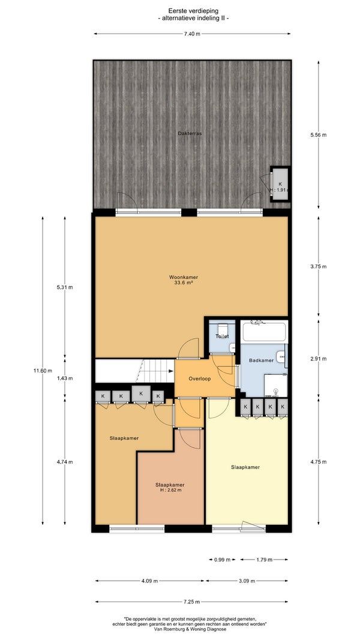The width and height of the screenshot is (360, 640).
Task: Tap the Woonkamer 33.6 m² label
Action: (183, 280)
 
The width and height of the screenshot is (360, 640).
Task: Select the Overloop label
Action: (200, 378)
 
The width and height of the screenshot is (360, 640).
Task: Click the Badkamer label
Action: (261, 360)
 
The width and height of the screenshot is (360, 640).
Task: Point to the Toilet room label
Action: (223, 336)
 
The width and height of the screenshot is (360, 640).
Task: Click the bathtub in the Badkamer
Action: (263, 331)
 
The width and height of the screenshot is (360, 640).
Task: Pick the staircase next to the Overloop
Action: (134, 371)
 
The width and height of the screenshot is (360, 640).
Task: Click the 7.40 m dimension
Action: (192, 34)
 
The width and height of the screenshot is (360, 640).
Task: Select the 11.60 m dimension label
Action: (43, 371)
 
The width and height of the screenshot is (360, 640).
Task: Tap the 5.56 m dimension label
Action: (319, 135)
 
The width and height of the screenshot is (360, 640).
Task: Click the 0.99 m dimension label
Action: (223, 560)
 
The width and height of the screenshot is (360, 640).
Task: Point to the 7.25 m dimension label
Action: (192, 602)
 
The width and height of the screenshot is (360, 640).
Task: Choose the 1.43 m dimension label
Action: (65, 378)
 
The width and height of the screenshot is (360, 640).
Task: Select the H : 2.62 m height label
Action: (170, 490)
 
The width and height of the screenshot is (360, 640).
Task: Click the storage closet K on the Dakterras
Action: (280, 184)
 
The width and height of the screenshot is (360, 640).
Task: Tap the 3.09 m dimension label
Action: (247, 581)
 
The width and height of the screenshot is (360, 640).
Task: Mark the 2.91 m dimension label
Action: (319, 359)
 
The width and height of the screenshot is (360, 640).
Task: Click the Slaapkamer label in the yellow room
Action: (245, 467)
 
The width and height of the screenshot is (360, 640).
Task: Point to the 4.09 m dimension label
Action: (149, 581)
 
